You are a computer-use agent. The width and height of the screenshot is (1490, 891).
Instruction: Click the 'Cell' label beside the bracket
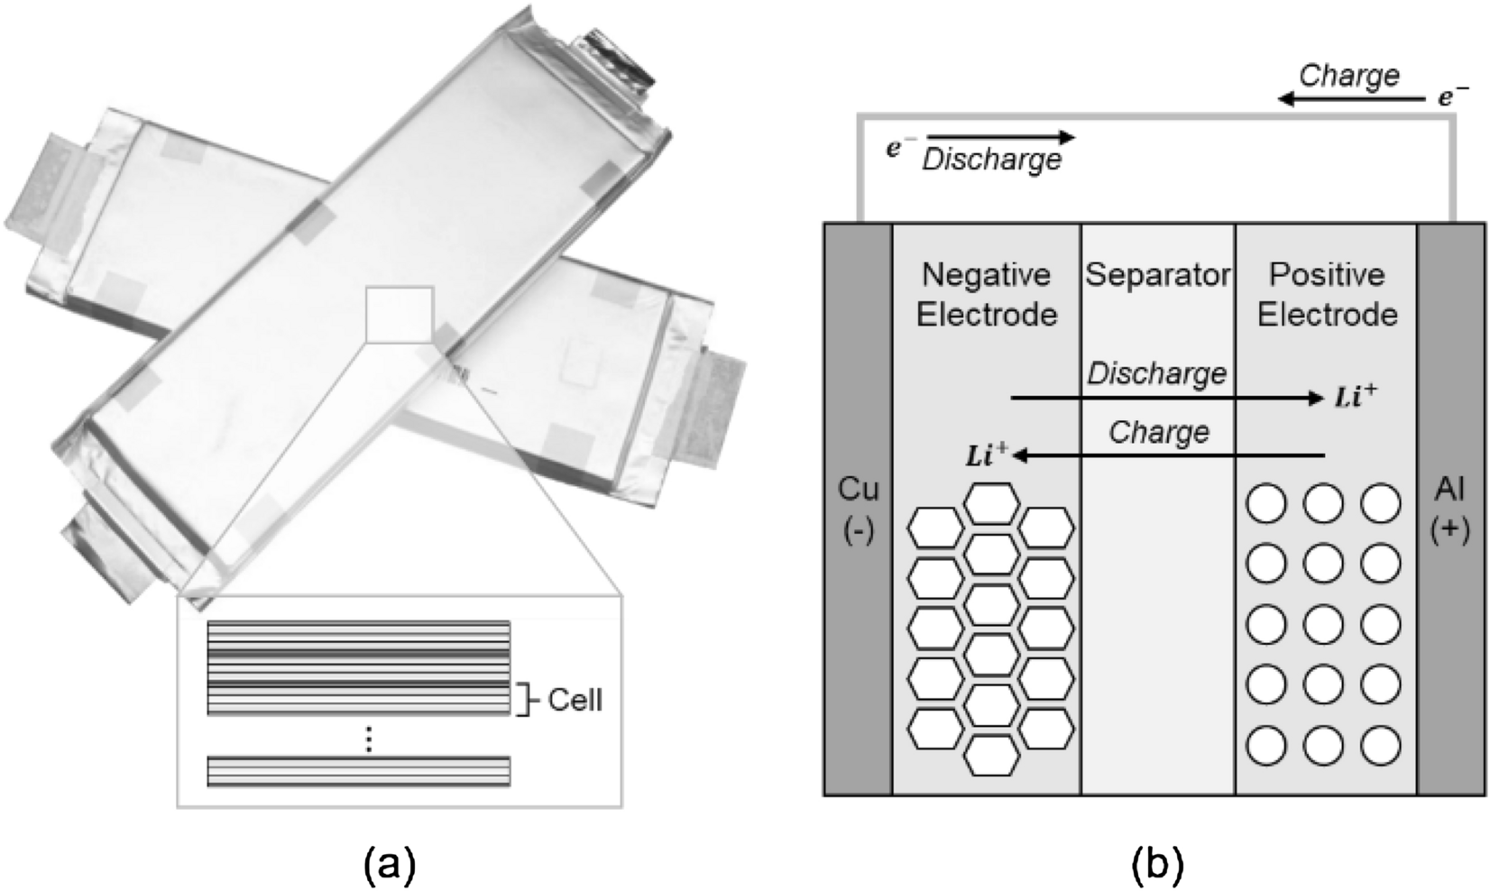575,700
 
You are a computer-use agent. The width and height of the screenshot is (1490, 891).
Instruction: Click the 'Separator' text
1157,275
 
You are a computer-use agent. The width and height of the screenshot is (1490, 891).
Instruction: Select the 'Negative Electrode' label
986,294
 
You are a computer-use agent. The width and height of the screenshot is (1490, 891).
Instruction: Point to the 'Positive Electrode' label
1327,294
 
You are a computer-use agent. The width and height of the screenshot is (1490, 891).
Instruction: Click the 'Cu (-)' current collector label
858,509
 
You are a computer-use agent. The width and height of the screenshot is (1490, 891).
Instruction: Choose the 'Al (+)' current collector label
1449,509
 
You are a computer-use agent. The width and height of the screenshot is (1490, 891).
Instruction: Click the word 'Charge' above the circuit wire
1349,76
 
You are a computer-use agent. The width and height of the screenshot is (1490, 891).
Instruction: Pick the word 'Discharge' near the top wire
992,161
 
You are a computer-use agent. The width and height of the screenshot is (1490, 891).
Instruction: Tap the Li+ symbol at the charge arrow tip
986,455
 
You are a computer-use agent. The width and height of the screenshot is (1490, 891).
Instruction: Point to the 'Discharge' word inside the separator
1157,373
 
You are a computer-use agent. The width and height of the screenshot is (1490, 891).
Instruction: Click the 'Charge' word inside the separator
1158,432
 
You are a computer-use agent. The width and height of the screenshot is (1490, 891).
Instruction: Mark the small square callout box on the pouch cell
400,315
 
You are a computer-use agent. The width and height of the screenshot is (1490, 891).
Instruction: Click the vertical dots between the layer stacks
368,739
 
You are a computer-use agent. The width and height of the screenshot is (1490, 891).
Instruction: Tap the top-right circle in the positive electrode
1380,503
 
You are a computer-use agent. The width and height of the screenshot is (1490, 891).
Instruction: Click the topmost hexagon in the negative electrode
992,502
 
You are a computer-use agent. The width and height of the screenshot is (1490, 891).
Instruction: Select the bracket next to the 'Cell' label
524,700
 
